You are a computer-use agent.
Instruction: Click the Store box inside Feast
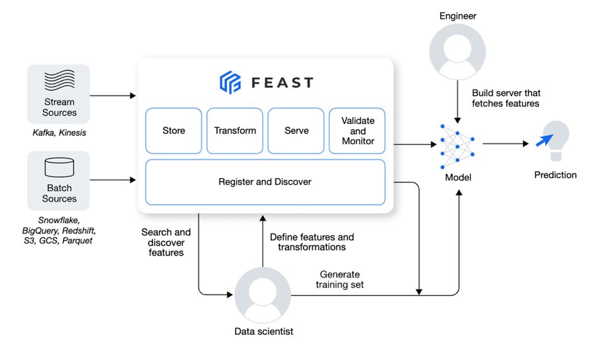174,131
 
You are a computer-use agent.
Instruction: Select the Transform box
235,131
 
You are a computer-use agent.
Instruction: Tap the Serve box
296,131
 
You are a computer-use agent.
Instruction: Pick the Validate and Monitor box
357,131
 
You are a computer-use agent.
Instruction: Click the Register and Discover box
265,182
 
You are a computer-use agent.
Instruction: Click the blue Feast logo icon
230,82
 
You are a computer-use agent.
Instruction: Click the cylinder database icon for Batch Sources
59,167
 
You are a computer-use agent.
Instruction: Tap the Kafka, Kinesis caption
59,133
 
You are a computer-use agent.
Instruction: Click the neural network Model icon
458,145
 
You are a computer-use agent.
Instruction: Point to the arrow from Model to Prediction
505,143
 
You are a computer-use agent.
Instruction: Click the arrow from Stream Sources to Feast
113,96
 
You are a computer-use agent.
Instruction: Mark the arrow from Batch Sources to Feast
113,181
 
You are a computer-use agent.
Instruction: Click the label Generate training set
340,279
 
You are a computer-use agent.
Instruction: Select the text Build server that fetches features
506,98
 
